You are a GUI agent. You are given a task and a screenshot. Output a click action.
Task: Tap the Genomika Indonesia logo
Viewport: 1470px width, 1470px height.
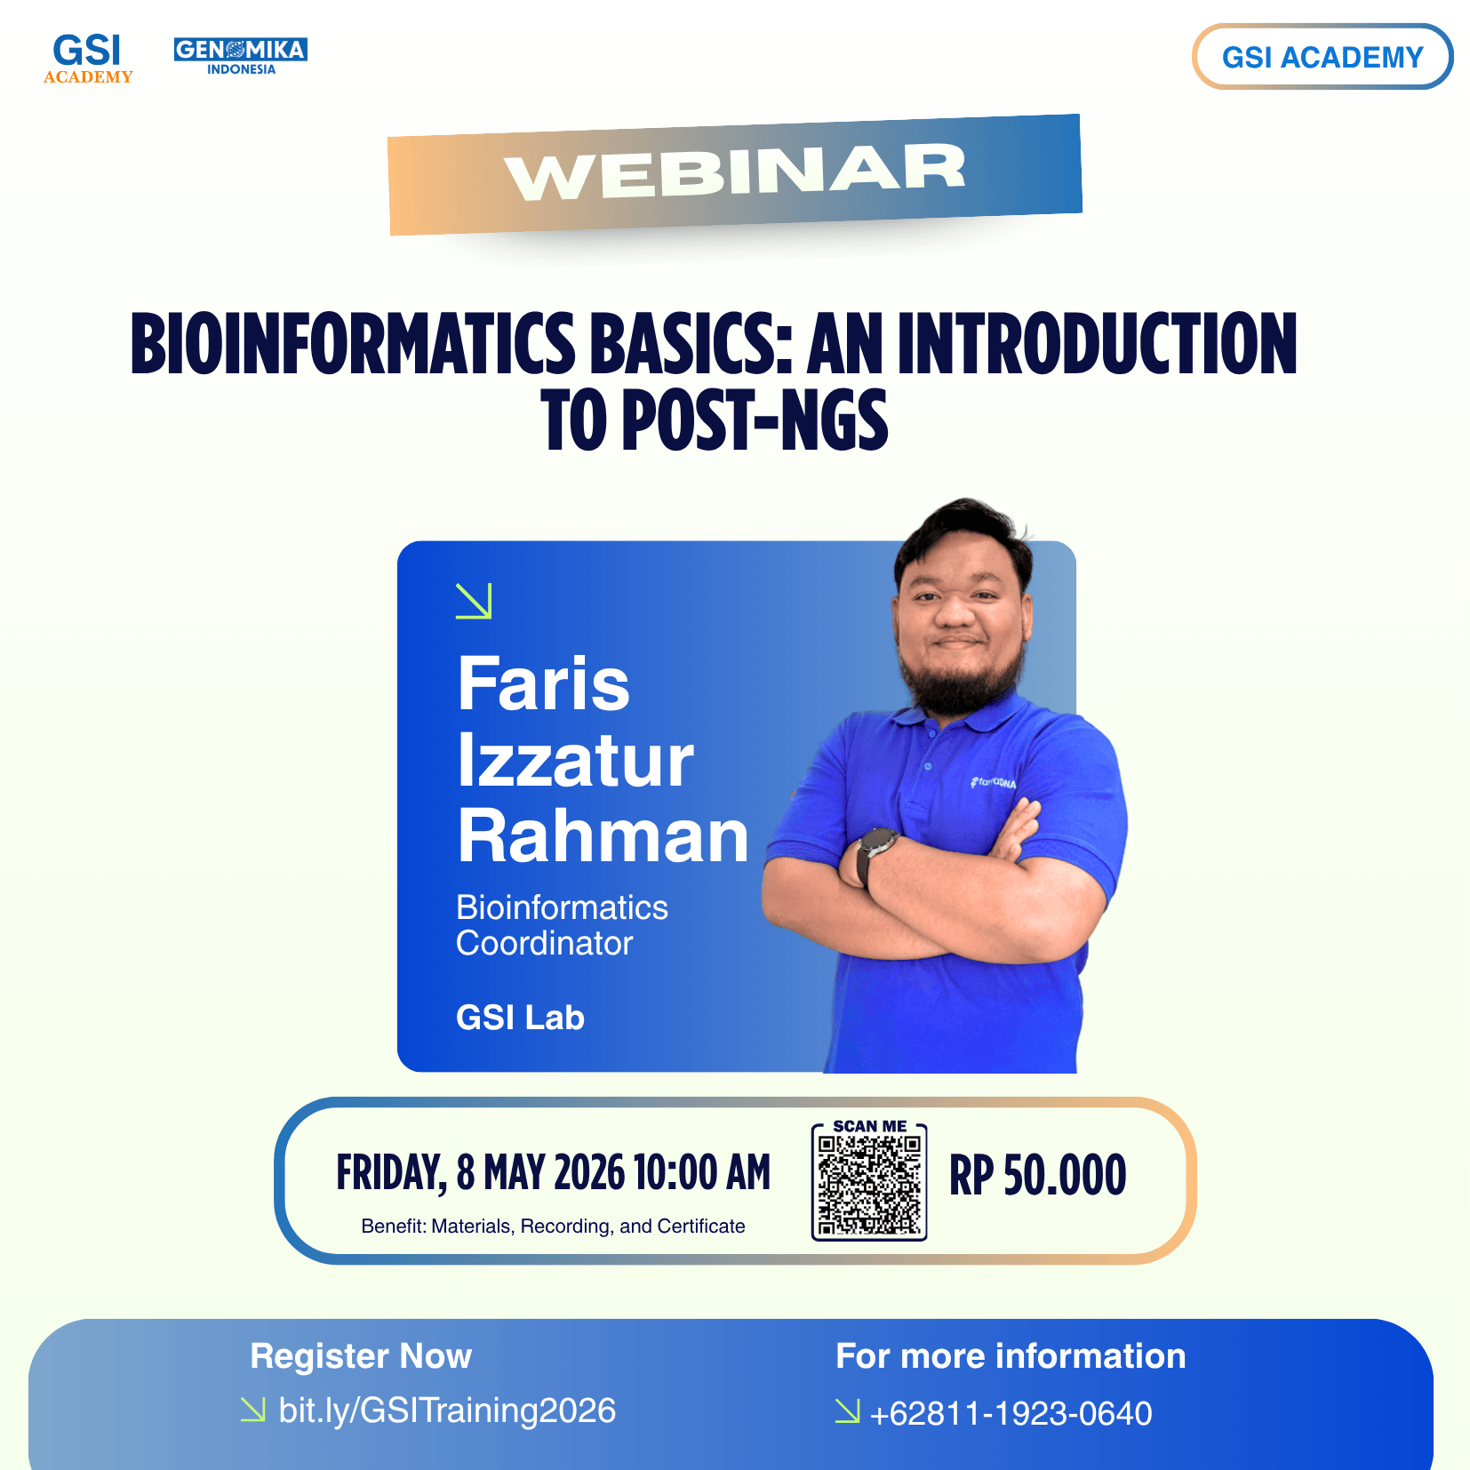coord(241,56)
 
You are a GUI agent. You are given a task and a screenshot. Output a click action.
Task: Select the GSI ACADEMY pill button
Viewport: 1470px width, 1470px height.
coord(1322,57)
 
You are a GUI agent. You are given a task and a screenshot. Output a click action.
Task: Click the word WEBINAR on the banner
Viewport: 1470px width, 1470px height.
coord(735,172)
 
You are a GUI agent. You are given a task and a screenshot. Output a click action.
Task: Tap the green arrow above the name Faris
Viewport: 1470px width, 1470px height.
coord(474,601)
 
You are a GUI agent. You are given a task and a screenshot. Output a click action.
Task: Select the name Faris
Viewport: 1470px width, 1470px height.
coord(543,683)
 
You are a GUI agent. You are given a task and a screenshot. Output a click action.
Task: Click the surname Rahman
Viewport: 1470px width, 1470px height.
coord(603,836)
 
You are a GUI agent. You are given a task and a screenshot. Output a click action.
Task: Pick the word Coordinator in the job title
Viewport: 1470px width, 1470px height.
coord(544,943)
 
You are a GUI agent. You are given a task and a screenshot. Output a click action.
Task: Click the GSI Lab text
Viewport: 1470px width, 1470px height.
coord(520,1018)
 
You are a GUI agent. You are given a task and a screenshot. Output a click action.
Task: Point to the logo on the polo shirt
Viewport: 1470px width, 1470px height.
coord(993,783)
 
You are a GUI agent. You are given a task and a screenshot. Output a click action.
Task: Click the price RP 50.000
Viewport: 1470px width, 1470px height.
coord(1037,1175)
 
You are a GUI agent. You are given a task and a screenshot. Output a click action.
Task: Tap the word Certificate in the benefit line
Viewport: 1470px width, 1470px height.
coord(701,1226)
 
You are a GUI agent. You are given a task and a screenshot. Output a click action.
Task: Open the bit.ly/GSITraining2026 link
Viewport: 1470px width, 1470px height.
coord(446,1410)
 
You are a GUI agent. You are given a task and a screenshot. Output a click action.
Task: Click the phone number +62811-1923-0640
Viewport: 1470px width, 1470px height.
coord(1011,1413)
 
